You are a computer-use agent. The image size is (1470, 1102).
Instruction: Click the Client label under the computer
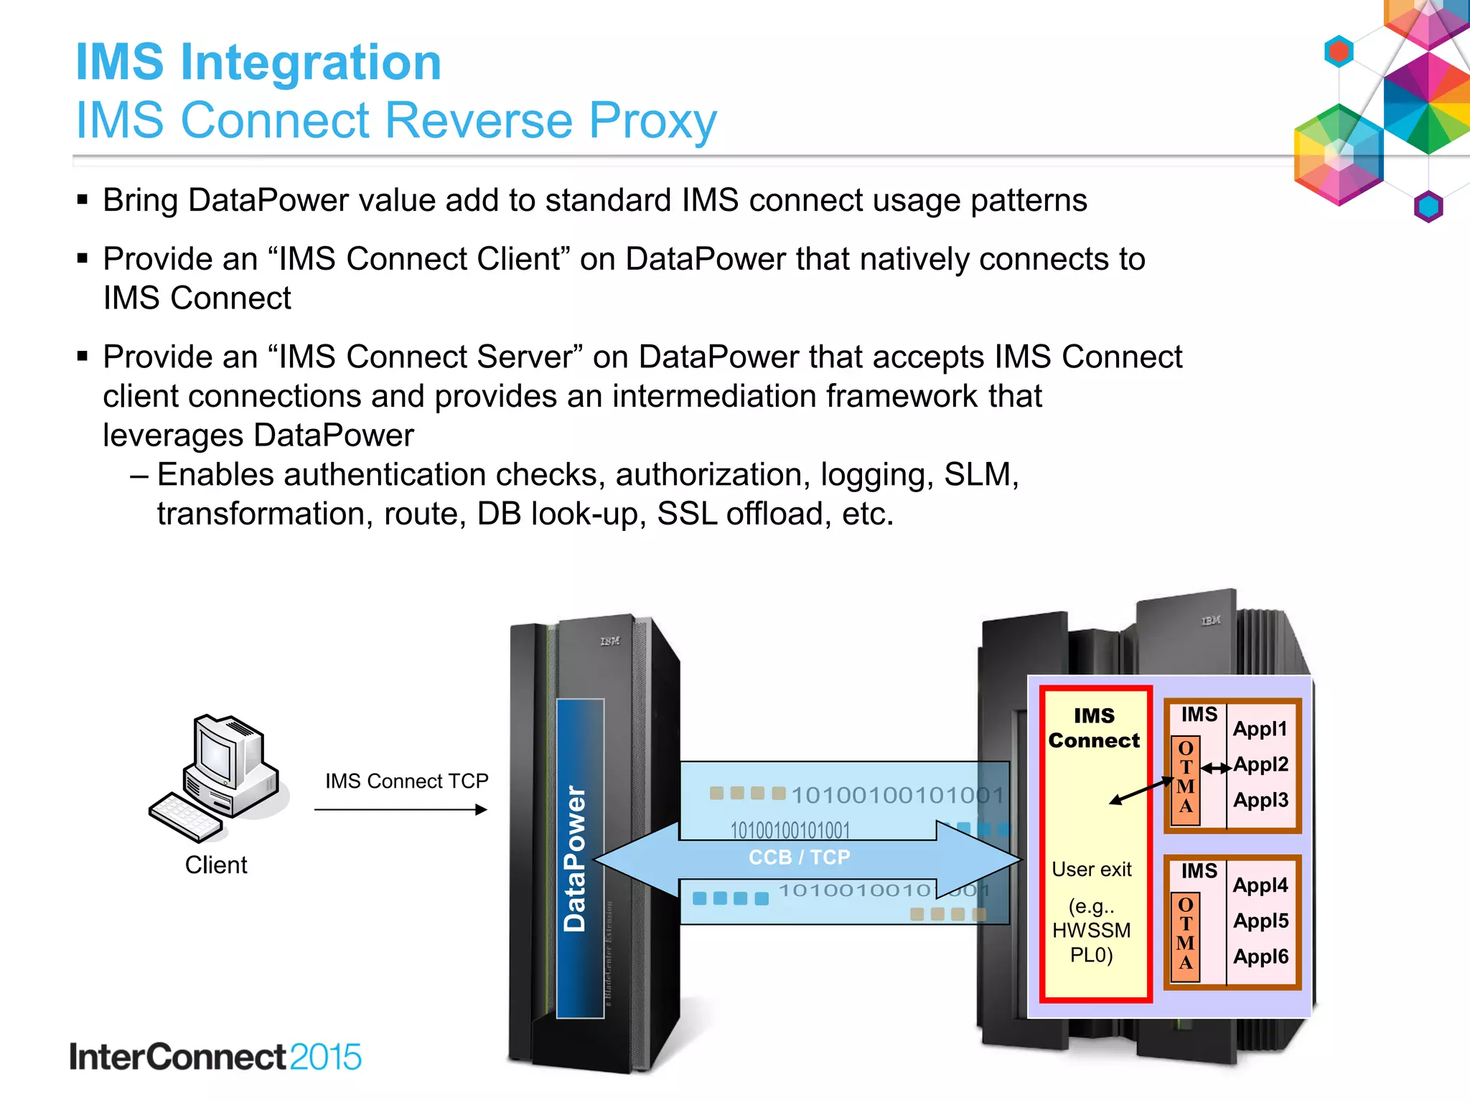point(216,865)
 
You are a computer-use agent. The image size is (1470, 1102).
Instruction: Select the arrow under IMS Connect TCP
point(401,810)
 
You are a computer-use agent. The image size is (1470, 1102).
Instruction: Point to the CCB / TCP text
point(799,857)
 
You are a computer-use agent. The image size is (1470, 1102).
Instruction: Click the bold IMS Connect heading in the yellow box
point(1094,728)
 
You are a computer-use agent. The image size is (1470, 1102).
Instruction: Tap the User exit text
point(1091,870)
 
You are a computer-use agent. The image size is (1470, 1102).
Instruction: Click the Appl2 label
point(1261,765)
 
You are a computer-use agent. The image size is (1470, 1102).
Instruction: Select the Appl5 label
point(1261,921)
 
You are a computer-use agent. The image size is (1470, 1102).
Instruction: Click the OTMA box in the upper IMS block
point(1186,778)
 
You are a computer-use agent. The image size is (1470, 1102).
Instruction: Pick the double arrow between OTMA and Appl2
point(1216,768)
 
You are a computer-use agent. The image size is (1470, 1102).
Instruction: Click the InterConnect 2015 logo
point(215,1057)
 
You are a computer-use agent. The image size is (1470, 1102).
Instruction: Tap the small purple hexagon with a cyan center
point(1428,207)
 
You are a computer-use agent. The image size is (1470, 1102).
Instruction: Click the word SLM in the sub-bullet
point(977,475)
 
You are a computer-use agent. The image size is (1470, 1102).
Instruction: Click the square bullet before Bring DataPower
point(83,199)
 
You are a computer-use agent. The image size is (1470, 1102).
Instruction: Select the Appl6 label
point(1261,956)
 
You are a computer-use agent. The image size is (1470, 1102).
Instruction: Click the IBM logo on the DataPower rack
point(610,641)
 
